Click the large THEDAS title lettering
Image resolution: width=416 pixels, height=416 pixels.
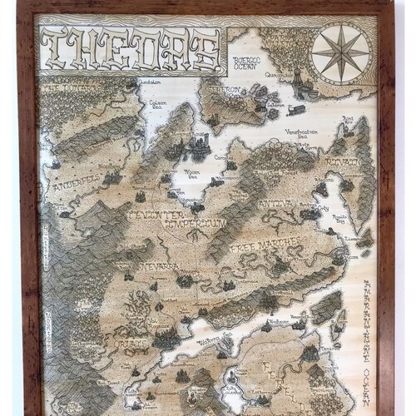[131, 50]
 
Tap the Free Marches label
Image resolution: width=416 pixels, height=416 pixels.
[259, 248]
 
